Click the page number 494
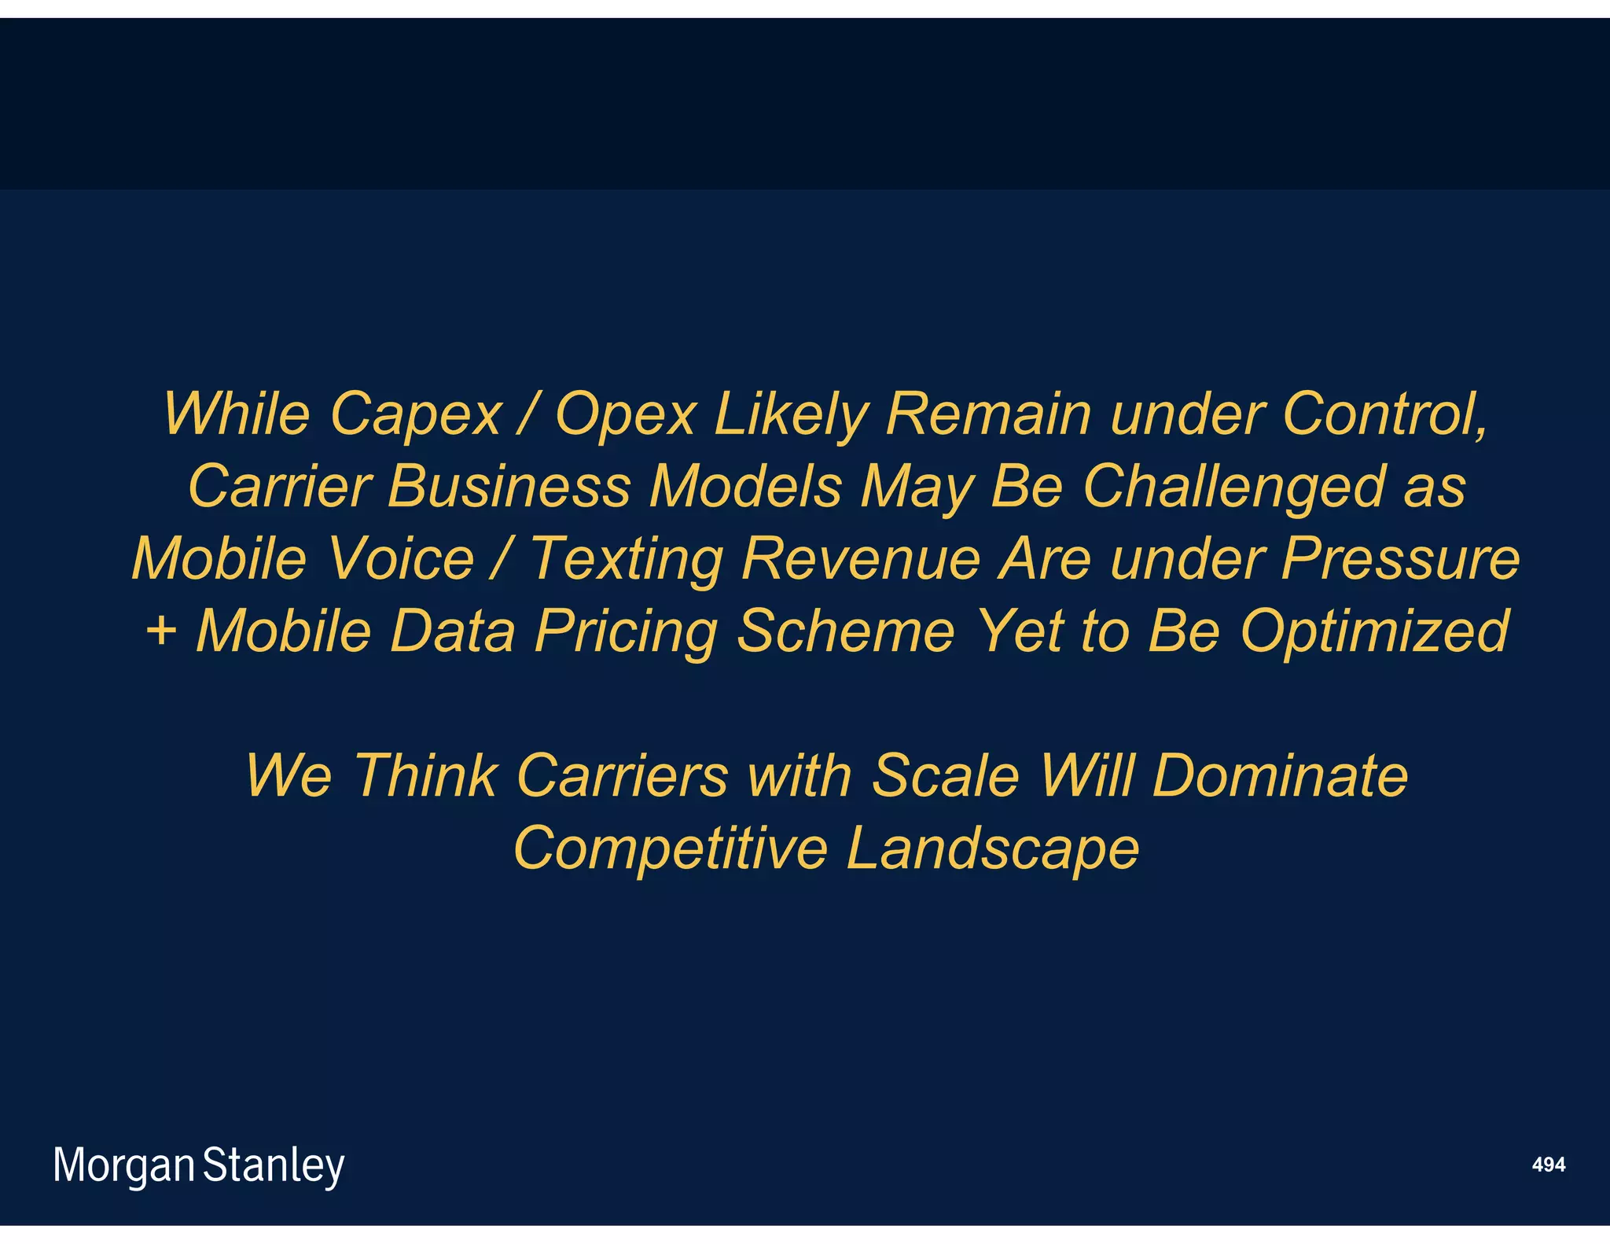pyautogui.click(x=1548, y=1165)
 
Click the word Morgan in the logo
pyautogui.click(x=123, y=1165)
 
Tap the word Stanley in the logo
pyautogui.click(x=274, y=1165)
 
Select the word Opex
pyautogui.click(x=626, y=416)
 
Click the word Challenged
pyautogui.click(x=1233, y=487)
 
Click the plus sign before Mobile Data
pyautogui.click(x=161, y=631)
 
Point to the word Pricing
pyautogui.click(x=626, y=631)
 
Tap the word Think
pyautogui.click(x=425, y=775)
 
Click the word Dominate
pyautogui.click(x=1280, y=775)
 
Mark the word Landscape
pyautogui.click(x=992, y=848)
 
